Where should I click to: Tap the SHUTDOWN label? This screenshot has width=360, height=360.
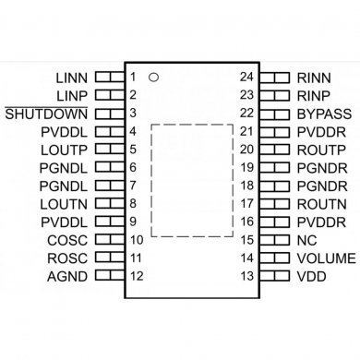[47, 113]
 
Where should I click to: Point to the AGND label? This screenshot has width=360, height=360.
[67, 276]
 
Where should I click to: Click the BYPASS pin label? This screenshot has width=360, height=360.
[322, 113]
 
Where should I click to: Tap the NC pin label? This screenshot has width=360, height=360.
[306, 240]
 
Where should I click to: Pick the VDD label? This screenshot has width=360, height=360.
[311, 276]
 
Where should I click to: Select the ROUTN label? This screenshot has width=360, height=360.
[319, 203]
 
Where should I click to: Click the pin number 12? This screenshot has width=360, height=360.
[136, 276]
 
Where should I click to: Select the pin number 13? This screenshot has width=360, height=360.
[246, 276]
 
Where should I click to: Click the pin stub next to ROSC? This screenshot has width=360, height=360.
[109, 258]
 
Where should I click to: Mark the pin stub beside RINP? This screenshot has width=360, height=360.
[274, 94]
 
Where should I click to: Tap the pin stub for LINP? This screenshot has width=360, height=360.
[109, 94]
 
